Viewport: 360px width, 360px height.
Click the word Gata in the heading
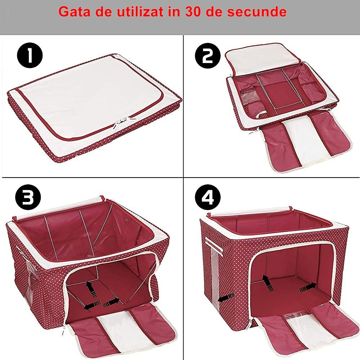74,12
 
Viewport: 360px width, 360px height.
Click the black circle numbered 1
30,56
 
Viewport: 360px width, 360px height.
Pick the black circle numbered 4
208,198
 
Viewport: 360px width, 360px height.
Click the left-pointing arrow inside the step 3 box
91,307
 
